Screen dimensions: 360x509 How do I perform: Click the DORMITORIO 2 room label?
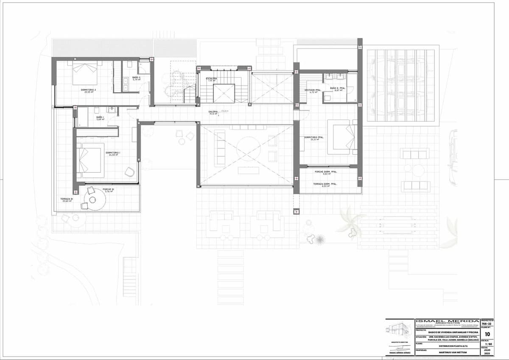[x=89, y=90]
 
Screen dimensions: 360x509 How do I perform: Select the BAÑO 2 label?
[x=136, y=78]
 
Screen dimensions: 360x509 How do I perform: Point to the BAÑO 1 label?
[x=100, y=118]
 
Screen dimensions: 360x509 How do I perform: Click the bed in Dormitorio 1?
[x=90, y=160]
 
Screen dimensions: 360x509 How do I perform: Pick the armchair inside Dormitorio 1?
[x=130, y=172]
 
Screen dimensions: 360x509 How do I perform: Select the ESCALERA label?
[x=212, y=79]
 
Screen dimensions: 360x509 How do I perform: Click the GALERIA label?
[x=213, y=112]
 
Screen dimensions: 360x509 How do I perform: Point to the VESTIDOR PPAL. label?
[x=311, y=90]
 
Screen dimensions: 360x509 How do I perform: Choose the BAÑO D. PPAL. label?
[x=338, y=88]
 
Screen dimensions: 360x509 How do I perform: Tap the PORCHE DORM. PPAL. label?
[x=326, y=172]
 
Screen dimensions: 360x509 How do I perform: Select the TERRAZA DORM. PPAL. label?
[x=325, y=184]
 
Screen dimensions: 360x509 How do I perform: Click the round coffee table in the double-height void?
[x=249, y=149]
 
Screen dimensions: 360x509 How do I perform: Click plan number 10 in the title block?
[x=487, y=334]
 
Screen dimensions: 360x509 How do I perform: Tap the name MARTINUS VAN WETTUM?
[x=447, y=351]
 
